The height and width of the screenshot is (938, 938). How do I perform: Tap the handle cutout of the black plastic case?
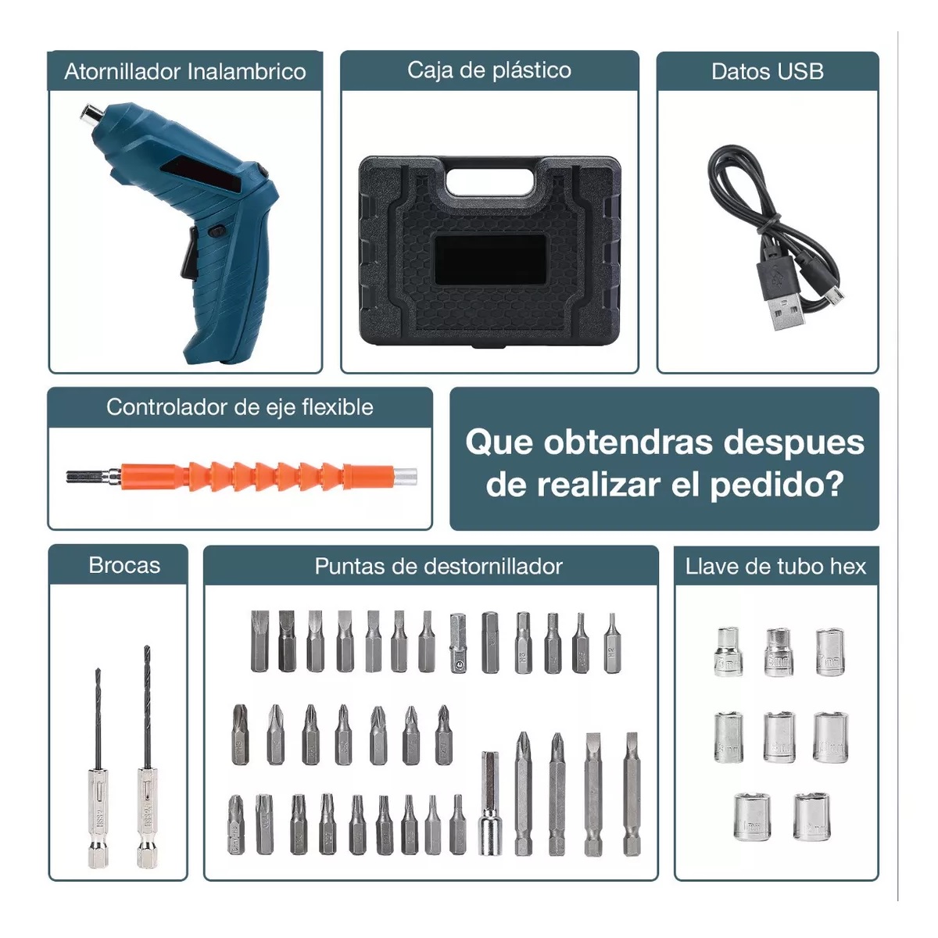(x=490, y=177)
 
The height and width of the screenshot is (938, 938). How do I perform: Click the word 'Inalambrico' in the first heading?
(x=246, y=72)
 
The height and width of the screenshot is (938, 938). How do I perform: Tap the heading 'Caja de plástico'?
(x=489, y=70)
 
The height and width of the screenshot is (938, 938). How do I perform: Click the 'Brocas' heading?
(x=124, y=565)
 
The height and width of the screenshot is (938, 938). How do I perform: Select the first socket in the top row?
(x=728, y=652)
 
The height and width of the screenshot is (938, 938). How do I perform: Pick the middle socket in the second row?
(x=779, y=736)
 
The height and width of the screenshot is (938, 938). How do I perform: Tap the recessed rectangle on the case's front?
(x=490, y=259)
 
